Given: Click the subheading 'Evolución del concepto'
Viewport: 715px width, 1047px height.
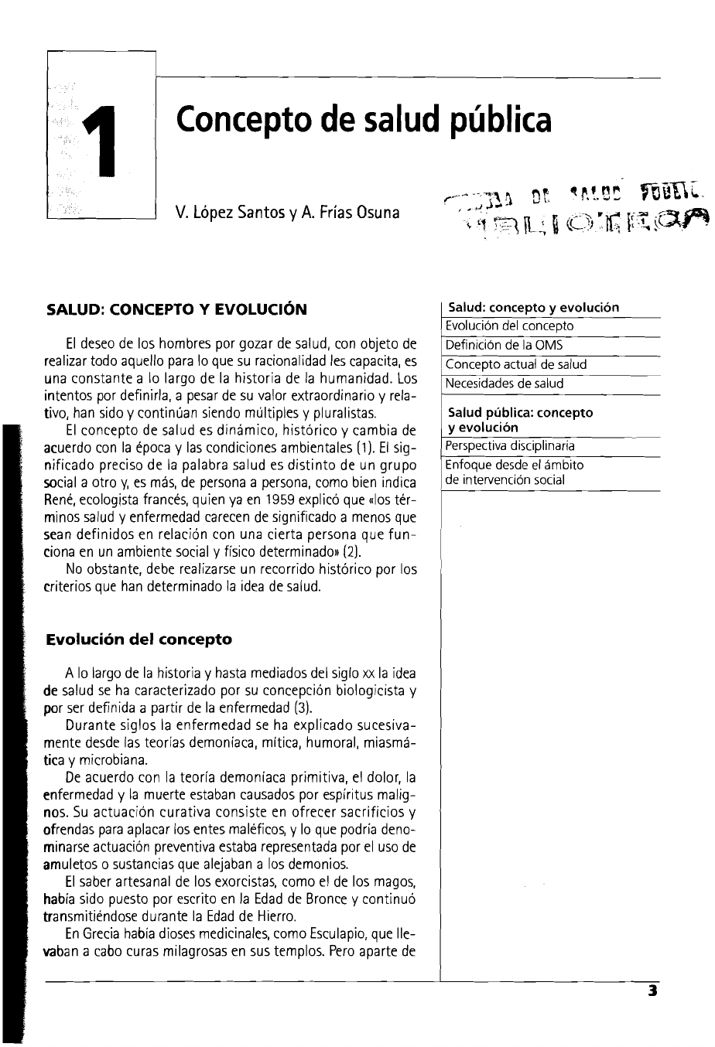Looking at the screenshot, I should [139, 639].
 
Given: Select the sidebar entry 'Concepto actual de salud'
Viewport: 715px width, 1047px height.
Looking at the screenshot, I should [516, 364].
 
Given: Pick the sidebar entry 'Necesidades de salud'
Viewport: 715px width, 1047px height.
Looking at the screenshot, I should [505, 384].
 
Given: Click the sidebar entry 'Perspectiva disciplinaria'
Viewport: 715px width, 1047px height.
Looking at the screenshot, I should [511, 446].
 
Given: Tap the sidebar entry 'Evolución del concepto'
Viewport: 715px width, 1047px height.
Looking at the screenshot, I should [510, 326].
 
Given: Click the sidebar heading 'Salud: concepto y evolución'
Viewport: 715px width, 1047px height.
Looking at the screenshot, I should [534, 307].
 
